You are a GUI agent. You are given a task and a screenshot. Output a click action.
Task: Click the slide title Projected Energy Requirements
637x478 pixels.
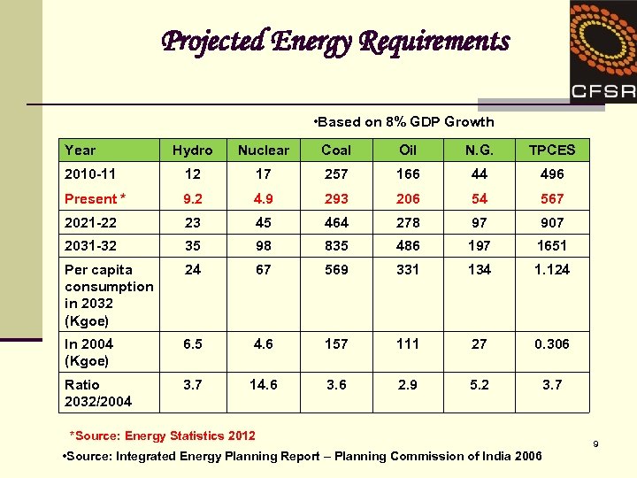(335, 42)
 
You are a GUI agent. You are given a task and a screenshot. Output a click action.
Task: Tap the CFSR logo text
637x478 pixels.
(602, 90)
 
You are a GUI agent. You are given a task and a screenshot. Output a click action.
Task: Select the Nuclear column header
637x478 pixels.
(264, 150)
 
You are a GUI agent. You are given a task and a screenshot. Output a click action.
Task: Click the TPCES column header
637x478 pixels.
(551, 150)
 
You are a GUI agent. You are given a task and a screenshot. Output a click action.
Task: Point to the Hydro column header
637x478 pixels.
(193, 150)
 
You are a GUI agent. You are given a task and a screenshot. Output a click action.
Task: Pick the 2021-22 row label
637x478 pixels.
(91, 222)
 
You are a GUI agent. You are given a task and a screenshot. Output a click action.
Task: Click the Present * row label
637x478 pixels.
(96, 198)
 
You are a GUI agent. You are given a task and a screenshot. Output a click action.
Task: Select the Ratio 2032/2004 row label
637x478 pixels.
(98, 393)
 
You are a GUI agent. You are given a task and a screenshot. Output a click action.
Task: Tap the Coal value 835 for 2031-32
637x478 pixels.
(336, 246)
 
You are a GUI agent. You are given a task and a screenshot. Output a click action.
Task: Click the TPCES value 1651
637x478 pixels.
(551, 246)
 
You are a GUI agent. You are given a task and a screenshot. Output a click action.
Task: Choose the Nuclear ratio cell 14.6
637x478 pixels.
(264, 385)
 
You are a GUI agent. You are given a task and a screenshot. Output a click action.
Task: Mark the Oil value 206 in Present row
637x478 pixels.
(408, 198)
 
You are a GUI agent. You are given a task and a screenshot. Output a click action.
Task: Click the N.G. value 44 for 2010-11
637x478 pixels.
(479, 174)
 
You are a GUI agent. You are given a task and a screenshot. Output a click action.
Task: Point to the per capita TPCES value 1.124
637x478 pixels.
(551, 270)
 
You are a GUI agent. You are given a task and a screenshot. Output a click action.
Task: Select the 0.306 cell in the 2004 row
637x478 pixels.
(551, 344)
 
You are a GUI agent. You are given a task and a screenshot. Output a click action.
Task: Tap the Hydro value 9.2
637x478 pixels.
(193, 198)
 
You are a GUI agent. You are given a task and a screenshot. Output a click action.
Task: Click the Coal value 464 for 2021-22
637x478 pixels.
(336, 222)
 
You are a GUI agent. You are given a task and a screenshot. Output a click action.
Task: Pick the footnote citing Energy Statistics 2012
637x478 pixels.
(163, 436)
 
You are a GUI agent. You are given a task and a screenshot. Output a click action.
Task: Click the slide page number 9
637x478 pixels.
(596, 443)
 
